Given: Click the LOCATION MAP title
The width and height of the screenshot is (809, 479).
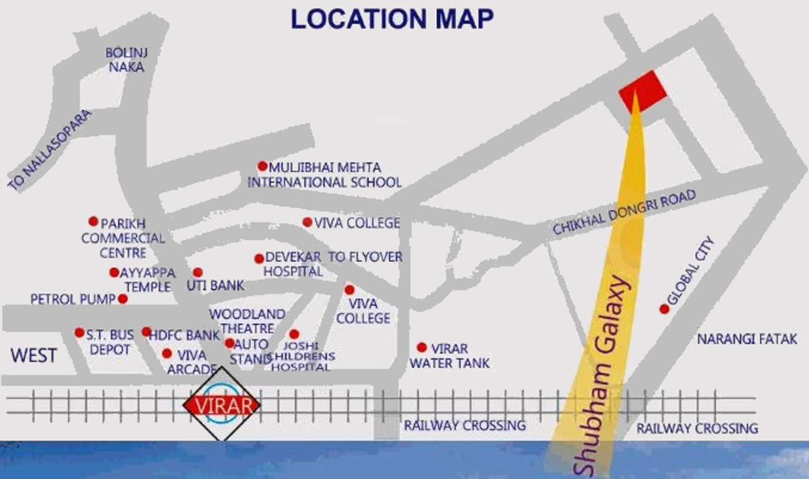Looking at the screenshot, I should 391,19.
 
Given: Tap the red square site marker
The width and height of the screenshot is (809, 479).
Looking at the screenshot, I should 642,91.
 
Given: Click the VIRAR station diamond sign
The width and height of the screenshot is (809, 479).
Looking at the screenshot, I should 221,405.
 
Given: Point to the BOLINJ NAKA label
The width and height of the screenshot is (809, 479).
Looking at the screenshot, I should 127,60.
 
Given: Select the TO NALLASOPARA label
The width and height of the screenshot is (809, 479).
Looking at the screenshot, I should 50,150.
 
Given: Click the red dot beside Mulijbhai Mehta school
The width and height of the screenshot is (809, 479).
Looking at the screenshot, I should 262,166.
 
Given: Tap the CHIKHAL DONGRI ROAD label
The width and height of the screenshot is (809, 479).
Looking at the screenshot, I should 624,213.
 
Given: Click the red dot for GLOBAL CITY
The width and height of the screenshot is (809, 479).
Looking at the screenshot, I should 664,309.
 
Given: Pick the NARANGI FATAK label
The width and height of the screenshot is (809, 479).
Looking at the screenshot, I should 747,339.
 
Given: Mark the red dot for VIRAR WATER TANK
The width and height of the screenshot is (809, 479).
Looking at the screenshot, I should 422,347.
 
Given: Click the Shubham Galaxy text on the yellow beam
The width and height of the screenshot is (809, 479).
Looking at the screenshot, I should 601,374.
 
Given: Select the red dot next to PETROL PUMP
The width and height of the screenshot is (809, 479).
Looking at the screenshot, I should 123,299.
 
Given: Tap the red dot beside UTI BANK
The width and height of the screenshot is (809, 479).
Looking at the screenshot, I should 198,273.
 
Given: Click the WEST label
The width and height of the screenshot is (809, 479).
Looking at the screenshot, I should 34,356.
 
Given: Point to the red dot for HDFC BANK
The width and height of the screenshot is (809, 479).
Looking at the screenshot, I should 146,332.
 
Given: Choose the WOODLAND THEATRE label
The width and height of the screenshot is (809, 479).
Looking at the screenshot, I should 247,321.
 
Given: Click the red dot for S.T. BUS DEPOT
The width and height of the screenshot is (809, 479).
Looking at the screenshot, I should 79,332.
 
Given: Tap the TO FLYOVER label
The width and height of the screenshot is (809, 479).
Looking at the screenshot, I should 365,257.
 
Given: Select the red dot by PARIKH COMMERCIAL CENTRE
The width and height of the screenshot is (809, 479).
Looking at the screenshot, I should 93,221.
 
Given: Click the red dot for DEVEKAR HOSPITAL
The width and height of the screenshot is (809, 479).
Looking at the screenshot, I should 259,258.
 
